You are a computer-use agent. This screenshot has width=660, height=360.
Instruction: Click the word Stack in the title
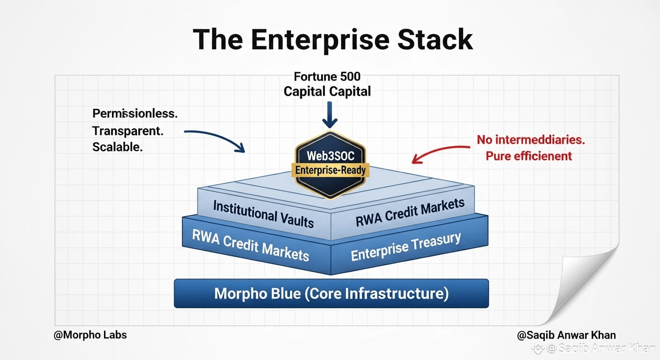(x=435, y=39)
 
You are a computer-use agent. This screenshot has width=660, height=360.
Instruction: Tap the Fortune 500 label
(x=327, y=76)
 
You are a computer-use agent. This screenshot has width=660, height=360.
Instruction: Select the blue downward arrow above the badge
(x=330, y=115)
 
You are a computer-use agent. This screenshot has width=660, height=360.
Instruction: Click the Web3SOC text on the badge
(x=330, y=156)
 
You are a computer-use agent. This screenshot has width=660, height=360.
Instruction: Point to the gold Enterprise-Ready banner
(x=330, y=170)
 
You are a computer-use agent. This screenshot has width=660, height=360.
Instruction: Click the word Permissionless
(x=135, y=114)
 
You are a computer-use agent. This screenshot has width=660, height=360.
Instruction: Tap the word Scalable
(x=118, y=147)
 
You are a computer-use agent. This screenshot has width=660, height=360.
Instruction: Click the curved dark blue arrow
(x=218, y=137)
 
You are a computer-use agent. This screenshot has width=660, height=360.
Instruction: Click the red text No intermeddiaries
(x=531, y=140)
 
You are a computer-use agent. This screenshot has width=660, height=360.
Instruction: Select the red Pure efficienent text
(x=529, y=156)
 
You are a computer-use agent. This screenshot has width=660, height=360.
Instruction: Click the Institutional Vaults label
(x=263, y=214)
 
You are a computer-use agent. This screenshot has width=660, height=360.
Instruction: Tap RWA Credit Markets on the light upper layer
(x=410, y=212)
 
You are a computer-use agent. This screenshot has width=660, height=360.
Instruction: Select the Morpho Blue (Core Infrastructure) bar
(x=331, y=293)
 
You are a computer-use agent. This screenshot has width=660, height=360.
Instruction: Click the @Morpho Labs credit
(x=90, y=335)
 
